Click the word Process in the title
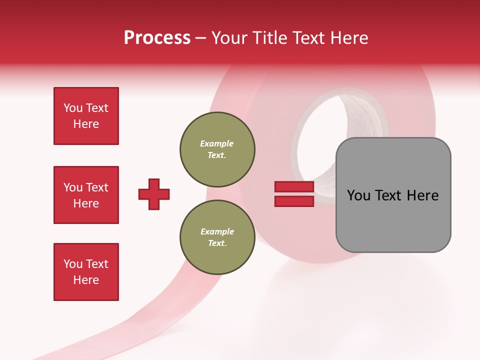(157, 38)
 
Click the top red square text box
(86, 116)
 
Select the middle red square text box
(86, 195)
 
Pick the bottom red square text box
(86, 272)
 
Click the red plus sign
(154, 194)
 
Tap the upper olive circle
(217, 149)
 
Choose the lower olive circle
(217, 237)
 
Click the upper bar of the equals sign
(294, 187)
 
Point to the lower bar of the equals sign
(294, 201)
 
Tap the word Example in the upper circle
(217, 143)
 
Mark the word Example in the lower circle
(217, 231)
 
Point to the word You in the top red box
(72, 108)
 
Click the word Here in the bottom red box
(86, 280)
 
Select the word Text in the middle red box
(96, 187)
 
